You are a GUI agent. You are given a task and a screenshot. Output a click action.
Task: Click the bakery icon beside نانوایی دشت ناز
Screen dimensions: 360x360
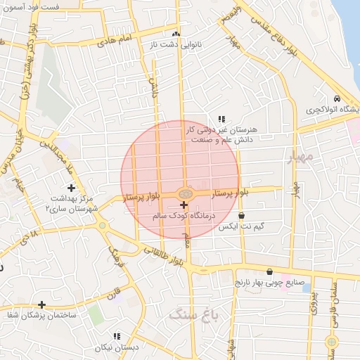pyautogui.click(x=176, y=34)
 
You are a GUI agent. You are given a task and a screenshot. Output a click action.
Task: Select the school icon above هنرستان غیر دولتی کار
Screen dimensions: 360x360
pyautogui.click(x=221, y=119)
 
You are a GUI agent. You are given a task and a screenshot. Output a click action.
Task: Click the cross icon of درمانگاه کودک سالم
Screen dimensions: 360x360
pyautogui.click(x=184, y=205)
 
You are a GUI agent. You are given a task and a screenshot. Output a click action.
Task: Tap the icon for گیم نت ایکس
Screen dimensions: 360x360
pyautogui.click(x=242, y=216)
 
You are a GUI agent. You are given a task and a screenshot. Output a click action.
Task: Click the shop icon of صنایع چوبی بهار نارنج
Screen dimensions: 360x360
pyautogui.click(x=269, y=271)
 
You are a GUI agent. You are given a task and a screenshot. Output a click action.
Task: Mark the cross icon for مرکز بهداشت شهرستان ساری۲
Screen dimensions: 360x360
pyautogui.click(x=70, y=188)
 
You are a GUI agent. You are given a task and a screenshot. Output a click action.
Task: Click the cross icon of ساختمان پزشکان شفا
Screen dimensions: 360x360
pyautogui.click(x=42, y=305)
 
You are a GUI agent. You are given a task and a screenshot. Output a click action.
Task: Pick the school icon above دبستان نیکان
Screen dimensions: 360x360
pyautogui.click(x=117, y=336)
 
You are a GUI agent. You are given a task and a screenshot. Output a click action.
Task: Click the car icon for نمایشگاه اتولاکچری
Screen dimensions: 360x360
pyautogui.click(x=337, y=98)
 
